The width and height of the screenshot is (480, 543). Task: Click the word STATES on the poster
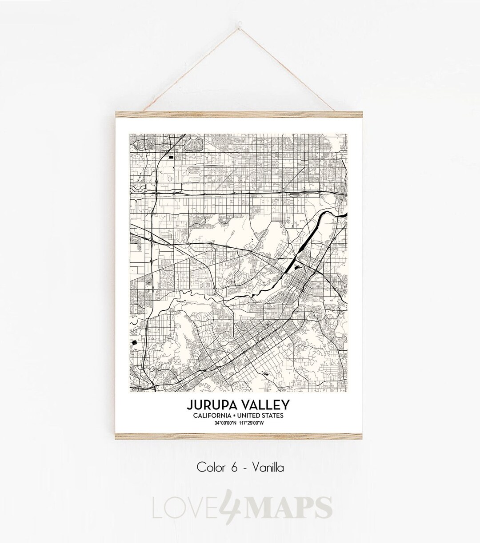pyautogui.click(x=273, y=416)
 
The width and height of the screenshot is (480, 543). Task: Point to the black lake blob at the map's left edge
pyautogui.click(x=134, y=342)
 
